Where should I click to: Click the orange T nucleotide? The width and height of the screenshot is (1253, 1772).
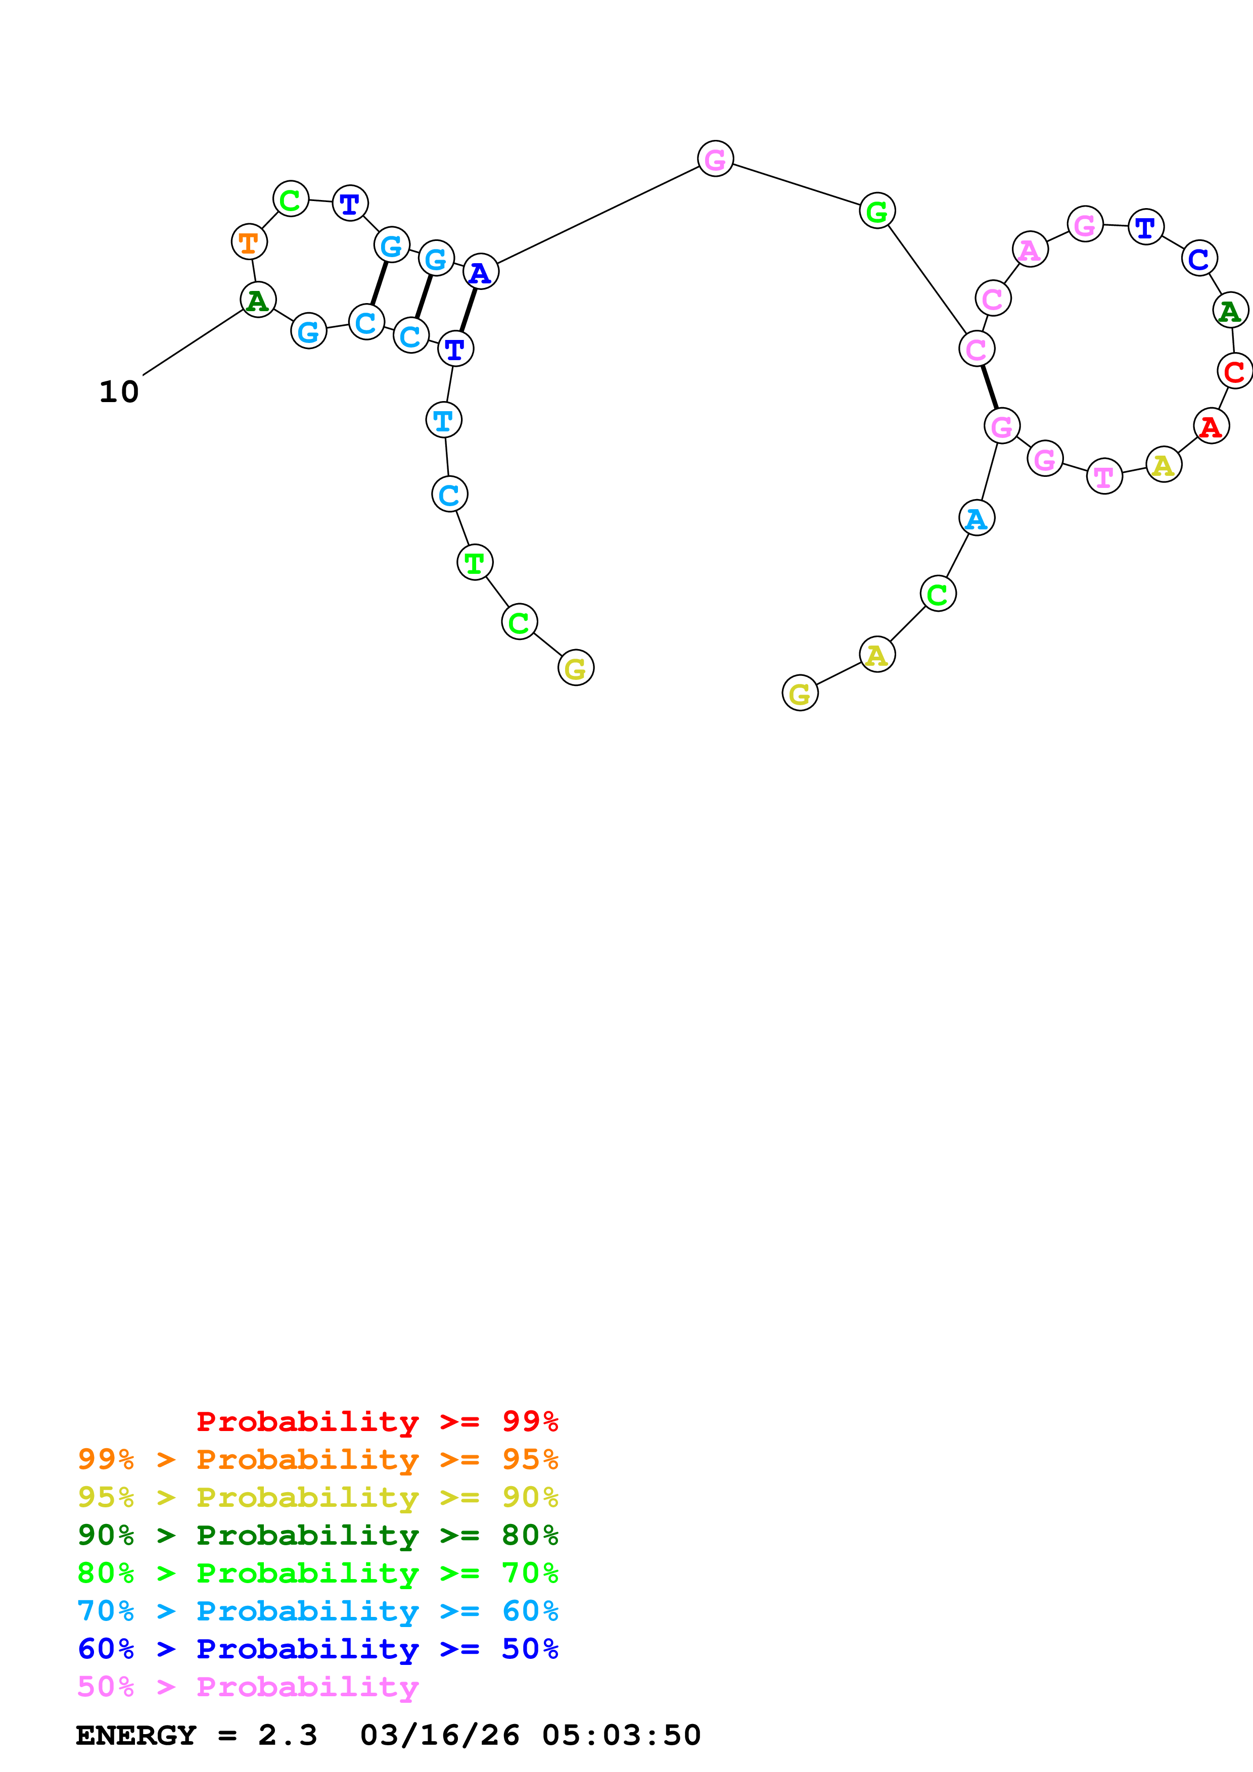pos(249,242)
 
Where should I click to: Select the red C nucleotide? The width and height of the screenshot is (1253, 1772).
pos(1234,371)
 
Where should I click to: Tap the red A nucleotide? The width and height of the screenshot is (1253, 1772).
pos(1211,426)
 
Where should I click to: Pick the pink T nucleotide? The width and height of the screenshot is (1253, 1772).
pos(1104,477)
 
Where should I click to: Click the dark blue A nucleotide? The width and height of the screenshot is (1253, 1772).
pos(480,272)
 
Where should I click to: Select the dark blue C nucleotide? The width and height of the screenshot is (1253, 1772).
pos(1199,259)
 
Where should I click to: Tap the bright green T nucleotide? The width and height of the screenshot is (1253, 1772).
pos(475,563)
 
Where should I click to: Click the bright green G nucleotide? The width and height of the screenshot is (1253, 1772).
pos(877,211)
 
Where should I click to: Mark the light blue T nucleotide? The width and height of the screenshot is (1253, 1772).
pos(443,421)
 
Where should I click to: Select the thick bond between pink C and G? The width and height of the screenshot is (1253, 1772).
pos(989,386)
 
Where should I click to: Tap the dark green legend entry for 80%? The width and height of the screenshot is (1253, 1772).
pos(317,1534)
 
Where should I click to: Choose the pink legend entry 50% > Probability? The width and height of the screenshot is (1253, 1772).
pos(248,1686)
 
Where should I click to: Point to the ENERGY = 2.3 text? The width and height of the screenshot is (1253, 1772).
pos(196,1735)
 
